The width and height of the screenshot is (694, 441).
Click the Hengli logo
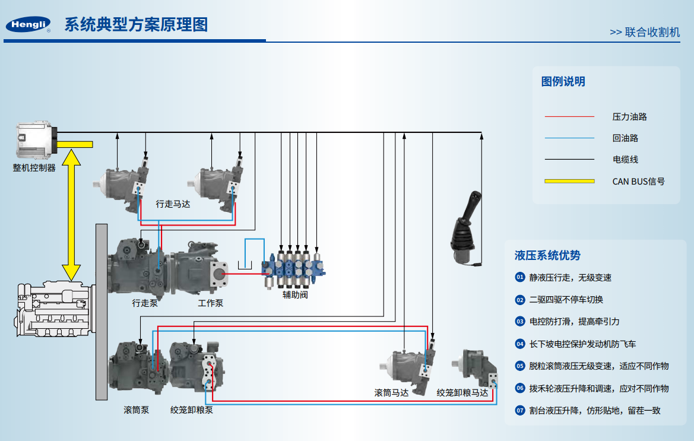28,24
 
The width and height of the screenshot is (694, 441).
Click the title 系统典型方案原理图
137,24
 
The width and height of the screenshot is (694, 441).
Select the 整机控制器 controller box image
37,140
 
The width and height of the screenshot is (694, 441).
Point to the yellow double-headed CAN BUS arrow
71,215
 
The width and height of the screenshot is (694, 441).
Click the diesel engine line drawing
55,309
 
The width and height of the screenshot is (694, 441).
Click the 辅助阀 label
295,294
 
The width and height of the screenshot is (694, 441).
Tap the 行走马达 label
173,204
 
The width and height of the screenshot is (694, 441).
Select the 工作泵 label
210,303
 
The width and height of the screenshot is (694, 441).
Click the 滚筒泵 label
137,410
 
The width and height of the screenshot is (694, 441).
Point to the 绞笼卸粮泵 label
192,410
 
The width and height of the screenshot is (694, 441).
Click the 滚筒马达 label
391,393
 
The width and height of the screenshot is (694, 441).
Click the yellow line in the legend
569,181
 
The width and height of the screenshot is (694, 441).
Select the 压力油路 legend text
629,117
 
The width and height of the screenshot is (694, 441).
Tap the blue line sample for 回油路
569,138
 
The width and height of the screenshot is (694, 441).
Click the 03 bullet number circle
520,322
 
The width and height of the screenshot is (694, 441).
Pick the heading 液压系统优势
547,255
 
